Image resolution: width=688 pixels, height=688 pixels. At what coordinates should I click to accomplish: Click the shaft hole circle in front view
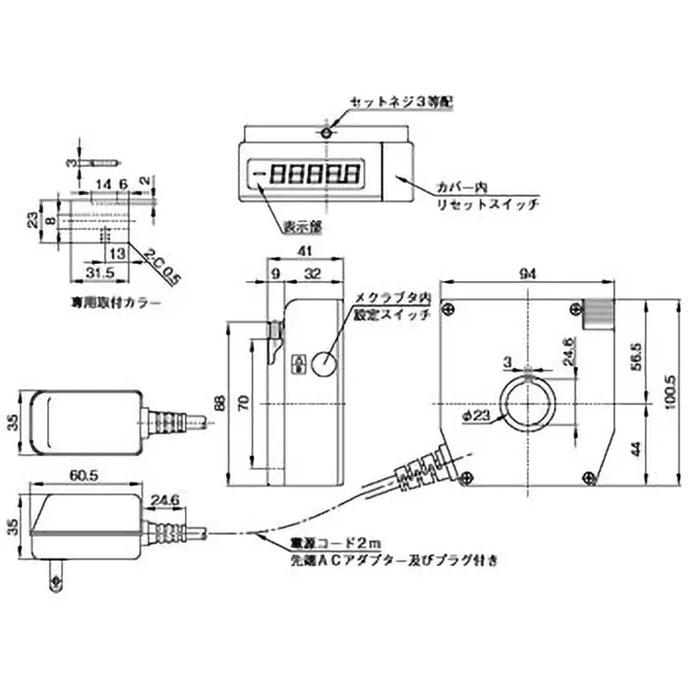[528, 405]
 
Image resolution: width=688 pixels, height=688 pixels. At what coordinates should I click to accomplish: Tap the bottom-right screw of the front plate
[588, 477]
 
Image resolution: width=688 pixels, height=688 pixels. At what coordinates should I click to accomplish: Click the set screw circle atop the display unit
[325, 133]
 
